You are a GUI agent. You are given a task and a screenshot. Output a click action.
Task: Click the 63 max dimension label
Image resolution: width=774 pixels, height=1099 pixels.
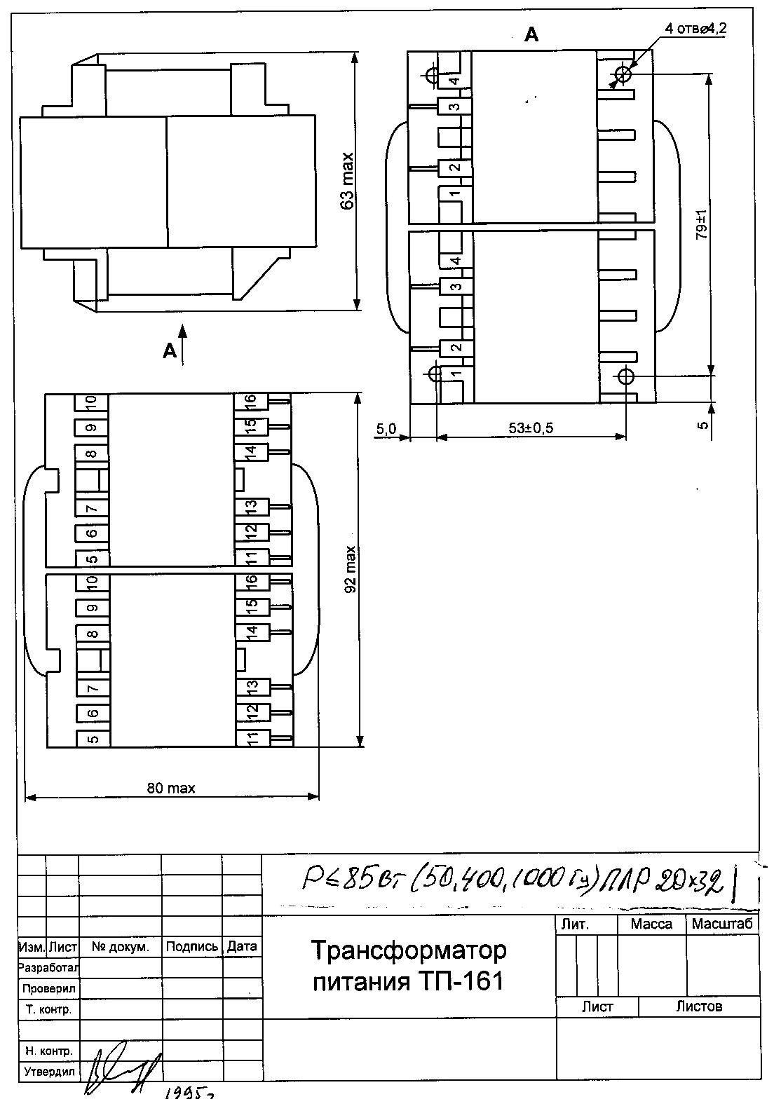point(346,181)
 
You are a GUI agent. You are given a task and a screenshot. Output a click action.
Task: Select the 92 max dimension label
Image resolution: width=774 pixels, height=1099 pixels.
point(351,568)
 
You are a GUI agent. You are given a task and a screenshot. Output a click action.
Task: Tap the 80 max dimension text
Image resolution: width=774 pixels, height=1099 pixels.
point(171,788)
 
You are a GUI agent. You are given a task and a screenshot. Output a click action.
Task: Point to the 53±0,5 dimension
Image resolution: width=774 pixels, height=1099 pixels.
point(531,428)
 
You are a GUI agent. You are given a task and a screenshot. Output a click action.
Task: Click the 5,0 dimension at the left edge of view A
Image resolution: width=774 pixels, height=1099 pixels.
point(386,429)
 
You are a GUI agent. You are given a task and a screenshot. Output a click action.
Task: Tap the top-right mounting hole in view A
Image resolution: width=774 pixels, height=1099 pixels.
point(623,74)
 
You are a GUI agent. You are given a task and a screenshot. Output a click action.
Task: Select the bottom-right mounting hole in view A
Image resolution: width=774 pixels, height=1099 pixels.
point(625,376)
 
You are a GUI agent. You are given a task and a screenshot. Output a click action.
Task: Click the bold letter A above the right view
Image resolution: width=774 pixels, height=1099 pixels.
point(531,34)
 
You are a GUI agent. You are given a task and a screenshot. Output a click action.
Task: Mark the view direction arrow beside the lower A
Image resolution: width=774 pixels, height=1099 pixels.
point(183,343)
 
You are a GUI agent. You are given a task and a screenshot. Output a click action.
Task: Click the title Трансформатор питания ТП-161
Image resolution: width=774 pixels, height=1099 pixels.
point(408,966)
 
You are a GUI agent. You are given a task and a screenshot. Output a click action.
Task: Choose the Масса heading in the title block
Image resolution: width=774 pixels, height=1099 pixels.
point(651,924)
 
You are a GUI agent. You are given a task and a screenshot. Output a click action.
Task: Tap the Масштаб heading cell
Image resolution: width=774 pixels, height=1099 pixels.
point(722,924)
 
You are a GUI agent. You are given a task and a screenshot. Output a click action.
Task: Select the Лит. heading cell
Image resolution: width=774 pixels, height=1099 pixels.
point(575,924)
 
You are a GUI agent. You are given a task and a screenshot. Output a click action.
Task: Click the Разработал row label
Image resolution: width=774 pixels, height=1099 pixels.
point(48,967)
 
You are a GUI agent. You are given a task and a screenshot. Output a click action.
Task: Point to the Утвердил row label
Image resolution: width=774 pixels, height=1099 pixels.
point(49,1072)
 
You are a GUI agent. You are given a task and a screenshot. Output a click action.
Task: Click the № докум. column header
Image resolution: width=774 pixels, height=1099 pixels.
point(120,947)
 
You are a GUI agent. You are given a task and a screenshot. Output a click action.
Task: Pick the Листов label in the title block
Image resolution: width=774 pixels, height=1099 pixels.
point(698,1006)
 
